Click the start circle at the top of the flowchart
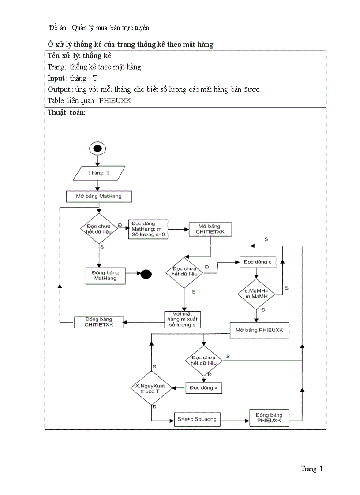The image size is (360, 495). pyautogui.click(x=97, y=149)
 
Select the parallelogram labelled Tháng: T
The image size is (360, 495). pyautogui.click(x=98, y=173)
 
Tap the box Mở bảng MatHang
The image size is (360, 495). pyautogui.click(x=99, y=196)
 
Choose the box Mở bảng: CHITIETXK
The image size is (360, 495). pyautogui.click(x=210, y=229)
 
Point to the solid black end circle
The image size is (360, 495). pyautogui.click(x=146, y=274)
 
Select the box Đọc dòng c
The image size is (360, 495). pyautogui.click(x=258, y=262)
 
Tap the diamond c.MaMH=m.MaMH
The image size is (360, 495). pyautogui.click(x=256, y=294)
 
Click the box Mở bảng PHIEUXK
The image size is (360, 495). pyautogui.click(x=259, y=330)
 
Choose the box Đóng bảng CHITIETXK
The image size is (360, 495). pyautogui.click(x=99, y=322)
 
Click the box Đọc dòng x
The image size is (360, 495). pyautogui.click(x=203, y=387)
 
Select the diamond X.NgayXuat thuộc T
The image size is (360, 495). pyautogui.click(x=150, y=388)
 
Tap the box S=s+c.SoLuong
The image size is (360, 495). pyautogui.click(x=197, y=419)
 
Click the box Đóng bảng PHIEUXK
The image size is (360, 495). pyautogui.click(x=269, y=418)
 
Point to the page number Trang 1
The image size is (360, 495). pyautogui.click(x=311, y=469)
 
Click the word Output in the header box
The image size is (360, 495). pyautogui.click(x=59, y=89)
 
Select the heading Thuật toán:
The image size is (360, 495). pyautogui.click(x=66, y=112)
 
